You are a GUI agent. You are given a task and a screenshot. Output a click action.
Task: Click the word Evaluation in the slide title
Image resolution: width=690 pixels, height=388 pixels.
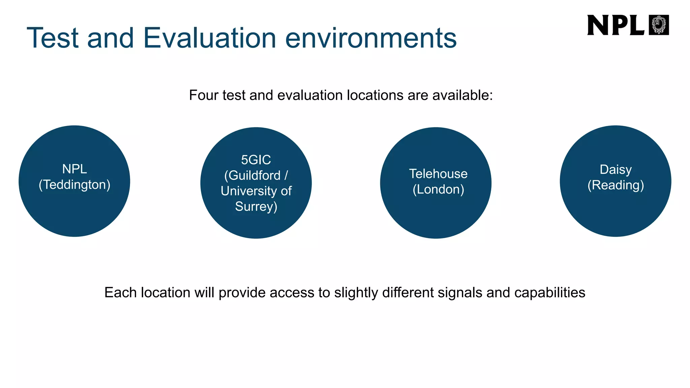(210, 38)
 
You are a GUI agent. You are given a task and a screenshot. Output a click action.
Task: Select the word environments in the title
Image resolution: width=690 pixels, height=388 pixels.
(371, 38)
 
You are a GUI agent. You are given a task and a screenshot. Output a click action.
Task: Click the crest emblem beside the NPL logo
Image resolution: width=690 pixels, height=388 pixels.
(659, 25)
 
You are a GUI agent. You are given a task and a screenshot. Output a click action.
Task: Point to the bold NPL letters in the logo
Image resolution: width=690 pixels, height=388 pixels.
(615, 25)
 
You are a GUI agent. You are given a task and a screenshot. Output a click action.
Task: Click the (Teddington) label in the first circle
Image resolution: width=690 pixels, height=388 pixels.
(74, 185)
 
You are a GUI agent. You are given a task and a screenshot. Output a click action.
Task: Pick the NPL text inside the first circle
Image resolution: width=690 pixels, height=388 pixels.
(74, 169)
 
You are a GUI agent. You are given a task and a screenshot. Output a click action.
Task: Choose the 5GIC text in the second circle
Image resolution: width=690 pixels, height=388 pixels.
(256, 160)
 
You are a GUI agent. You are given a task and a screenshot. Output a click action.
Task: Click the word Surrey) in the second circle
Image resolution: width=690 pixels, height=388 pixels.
(256, 206)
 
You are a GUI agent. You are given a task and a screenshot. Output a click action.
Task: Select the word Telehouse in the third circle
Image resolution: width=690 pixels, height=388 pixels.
(438, 174)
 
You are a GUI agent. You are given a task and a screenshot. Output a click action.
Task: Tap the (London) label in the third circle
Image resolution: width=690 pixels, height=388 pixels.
(438, 189)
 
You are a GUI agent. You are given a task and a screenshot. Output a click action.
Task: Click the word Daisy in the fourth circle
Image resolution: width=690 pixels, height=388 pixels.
(616, 169)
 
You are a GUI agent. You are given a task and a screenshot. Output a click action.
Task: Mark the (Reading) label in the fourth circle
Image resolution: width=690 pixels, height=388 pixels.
(616, 185)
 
